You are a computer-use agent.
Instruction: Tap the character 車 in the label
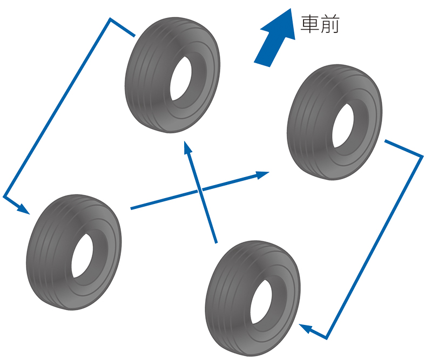click(x=310, y=24)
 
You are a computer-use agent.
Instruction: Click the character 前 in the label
click(x=330, y=24)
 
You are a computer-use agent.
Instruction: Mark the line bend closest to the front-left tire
click(x=111, y=20)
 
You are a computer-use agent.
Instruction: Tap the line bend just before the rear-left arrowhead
click(x=4, y=195)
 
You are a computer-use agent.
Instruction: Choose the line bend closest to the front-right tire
click(x=422, y=157)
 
